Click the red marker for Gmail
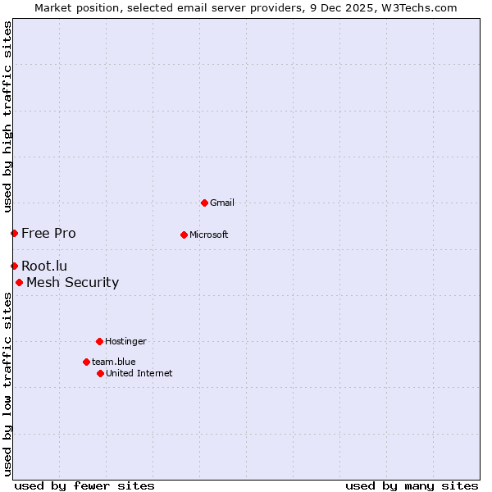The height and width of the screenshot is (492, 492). (x=204, y=203)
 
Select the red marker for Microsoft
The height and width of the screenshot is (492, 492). (x=184, y=235)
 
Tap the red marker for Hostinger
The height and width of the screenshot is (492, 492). (x=99, y=341)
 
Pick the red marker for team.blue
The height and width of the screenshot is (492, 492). (x=86, y=362)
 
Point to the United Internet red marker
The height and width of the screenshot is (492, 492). (x=100, y=373)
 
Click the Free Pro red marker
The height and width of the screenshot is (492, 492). (x=14, y=233)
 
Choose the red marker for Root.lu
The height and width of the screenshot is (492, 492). (x=14, y=266)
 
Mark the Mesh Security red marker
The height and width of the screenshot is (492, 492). (x=19, y=282)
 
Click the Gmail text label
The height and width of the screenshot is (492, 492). (x=222, y=203)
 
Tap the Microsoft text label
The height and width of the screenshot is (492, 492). (x=209, y=235)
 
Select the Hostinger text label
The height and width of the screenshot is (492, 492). (x=125, y=341)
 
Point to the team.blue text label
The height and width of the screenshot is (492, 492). (x=114, y=362)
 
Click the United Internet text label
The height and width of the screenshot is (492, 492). (x=139, y=373)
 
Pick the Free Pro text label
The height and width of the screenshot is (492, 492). (x=48, y=233)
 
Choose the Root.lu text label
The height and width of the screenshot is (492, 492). (x=44, y=266)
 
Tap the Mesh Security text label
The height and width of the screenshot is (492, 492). (x=72, y=282)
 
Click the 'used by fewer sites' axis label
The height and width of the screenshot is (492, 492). (x=84, y=485)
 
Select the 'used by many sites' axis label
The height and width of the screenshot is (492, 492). (x=412, y=485)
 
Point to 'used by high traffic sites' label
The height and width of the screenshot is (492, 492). (x=7, y=116)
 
